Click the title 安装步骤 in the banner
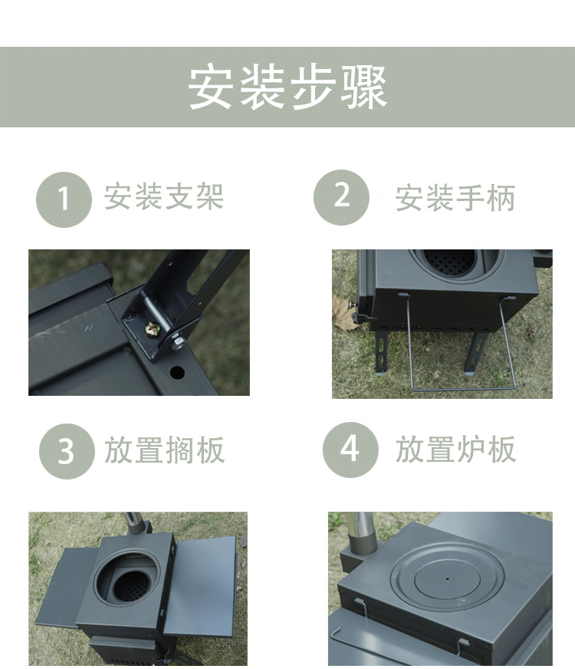287,87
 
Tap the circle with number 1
64,199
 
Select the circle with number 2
341,197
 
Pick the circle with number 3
67,451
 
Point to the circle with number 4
350,450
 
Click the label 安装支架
164,196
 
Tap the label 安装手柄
455,198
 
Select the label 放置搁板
165,450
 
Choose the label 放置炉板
455,450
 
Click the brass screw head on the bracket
152,329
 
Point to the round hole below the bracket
177,372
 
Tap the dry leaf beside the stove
344,314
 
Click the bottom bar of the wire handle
463,389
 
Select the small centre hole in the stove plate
447,579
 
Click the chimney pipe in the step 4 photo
360,536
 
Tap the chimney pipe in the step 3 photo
135,523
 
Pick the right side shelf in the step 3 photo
200,585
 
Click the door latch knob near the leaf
353,305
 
